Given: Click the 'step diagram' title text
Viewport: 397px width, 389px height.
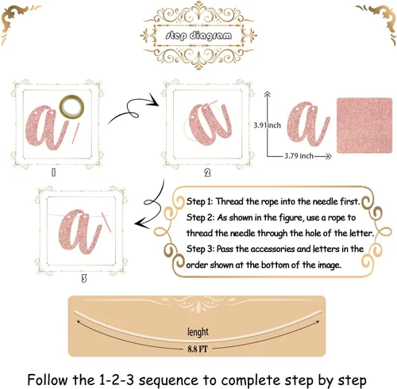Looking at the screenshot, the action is click(198, 36).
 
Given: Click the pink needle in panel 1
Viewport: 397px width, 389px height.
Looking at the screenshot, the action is click(75, 133).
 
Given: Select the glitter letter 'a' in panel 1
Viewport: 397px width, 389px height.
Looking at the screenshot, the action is click(45, 128).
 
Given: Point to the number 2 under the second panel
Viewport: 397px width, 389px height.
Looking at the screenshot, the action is click(207, 173).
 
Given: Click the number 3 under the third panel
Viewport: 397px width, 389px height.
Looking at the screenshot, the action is click(84, 278).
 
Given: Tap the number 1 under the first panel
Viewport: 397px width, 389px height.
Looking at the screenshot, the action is click(53, 173).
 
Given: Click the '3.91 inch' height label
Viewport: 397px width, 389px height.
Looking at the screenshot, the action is click(268, 125).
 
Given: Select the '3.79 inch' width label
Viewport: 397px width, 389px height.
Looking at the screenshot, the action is click(299, 156).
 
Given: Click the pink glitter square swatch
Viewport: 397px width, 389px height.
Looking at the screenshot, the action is click(364, 125).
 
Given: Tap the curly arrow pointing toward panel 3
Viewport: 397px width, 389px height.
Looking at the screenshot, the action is click(150, 204).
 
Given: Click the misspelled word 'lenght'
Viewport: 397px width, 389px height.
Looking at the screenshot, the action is click(198, 332).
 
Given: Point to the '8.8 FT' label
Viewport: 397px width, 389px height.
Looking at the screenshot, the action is click(198, 349).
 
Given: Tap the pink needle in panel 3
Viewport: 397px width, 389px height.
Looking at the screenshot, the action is click(106, 223).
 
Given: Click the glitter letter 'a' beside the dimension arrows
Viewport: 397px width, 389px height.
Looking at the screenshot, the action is click(308, 124).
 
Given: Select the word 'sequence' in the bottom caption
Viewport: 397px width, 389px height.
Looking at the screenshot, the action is click(168, 380).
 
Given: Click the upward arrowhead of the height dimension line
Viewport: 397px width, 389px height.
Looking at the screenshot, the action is click(268, 93).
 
